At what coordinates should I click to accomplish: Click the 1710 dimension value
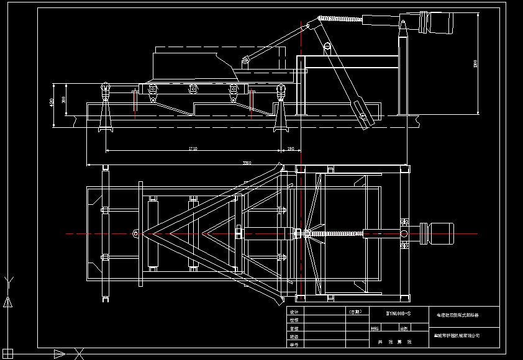click(192, 149)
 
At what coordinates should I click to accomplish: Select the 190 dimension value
click(291, 149)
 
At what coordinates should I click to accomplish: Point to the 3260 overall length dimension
click(247, 163)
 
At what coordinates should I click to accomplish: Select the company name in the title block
click(457, 335)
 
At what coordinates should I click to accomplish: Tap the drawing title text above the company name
click(457, 315)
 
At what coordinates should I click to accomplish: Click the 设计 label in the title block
click(294, 312)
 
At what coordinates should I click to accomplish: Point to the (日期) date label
click(355, 312)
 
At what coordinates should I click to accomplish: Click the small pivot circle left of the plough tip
click(135, 233)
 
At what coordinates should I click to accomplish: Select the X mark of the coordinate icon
click(79, 354)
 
